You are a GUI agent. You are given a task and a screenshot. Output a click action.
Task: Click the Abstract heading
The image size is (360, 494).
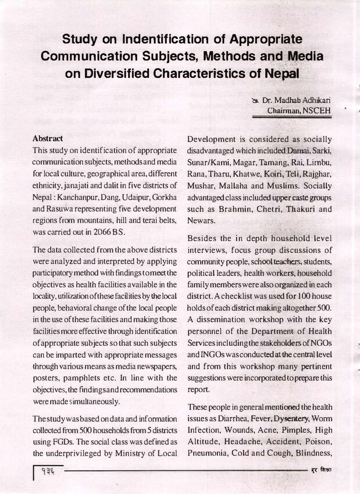[x=48, y=139]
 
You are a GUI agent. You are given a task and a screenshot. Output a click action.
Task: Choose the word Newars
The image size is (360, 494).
[x=201, y=221]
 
